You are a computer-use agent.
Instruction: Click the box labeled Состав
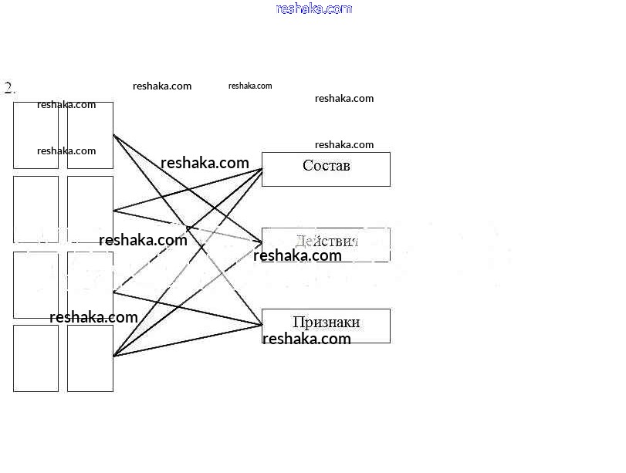(326, 169)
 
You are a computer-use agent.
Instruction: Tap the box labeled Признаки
(326, 324)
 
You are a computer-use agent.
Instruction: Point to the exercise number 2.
(9, 88)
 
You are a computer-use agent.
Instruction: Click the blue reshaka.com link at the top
(313, 8)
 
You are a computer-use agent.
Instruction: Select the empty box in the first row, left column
(36, 135)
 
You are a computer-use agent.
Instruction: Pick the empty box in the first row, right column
(90, 135)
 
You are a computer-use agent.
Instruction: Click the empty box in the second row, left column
(36, 208)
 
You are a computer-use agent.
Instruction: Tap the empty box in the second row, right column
(90, 208)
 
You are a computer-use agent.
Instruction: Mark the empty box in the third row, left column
(36, 284)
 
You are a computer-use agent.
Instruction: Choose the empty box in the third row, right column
(90, 284)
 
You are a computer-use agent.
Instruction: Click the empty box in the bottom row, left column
(36, 358)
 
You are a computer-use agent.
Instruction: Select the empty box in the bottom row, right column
(90, 358)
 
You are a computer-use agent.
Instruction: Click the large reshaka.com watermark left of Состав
(205, 163)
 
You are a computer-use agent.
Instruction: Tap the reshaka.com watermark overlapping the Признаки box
(306, 339)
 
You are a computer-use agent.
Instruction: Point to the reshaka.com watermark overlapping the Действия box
(297, 256)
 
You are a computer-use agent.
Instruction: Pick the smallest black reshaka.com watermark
(250, 86)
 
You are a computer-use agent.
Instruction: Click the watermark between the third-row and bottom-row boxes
(93, 317)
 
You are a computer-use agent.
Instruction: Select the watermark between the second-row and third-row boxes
(143, 240)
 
